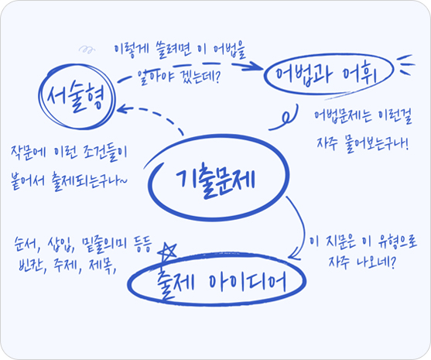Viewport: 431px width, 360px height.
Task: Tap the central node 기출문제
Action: click(216, 178)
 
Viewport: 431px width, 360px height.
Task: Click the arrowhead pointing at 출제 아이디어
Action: click(295, 254)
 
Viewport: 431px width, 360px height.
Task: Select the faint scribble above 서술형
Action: click(87, 50)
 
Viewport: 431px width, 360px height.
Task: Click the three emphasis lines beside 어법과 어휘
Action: click(405, 64)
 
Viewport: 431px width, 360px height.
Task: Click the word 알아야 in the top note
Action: click(152, 76)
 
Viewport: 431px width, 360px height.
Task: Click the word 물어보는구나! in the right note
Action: click(378, 144)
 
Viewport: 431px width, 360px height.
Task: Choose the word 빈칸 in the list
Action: click(31, 265)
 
